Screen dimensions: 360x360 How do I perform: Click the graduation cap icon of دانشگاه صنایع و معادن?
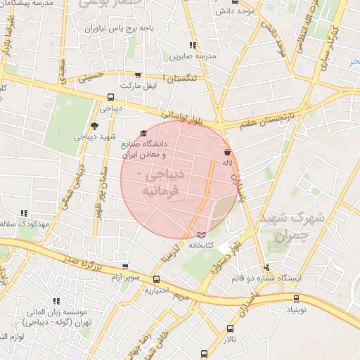pyautogui.click(x=144, y=133)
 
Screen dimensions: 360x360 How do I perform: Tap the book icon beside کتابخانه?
pyautogui.click(x=202, y=233)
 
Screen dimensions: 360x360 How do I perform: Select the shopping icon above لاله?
pyautogui.click(x=226, y=152)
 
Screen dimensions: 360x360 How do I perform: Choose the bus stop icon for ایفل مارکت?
pyautogui.click(x=137, y=75)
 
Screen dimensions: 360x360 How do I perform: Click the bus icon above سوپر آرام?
pyautogui.click(x=125, y=267)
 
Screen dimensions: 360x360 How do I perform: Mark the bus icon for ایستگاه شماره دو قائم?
pyautogui.click(x=266, y=267)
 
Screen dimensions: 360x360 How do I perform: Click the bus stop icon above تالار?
pyautogui.click(x=230, y=328)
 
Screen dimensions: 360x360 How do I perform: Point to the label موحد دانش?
pyautogui.click(x=235, y=11)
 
